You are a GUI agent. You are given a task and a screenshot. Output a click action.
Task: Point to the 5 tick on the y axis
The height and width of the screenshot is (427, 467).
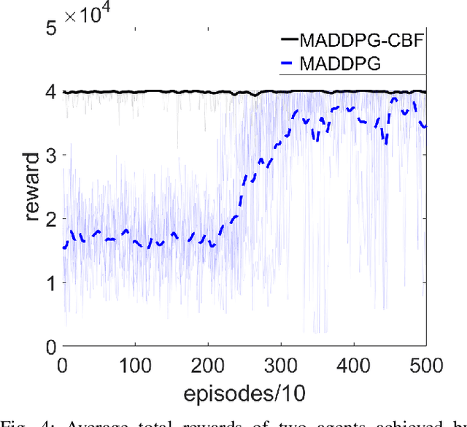coord(50,28)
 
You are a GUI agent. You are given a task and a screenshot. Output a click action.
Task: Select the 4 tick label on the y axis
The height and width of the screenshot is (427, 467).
coord(50,92)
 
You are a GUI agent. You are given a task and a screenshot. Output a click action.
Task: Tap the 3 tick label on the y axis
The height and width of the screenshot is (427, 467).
coord(50,155)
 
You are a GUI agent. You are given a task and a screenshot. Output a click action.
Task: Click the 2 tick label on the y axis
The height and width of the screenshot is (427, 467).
coord(50,219)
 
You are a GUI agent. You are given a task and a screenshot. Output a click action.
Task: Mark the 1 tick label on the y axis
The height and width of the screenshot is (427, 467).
coord(50,282)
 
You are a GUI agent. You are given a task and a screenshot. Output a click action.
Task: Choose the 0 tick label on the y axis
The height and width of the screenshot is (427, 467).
coord(50,346)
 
